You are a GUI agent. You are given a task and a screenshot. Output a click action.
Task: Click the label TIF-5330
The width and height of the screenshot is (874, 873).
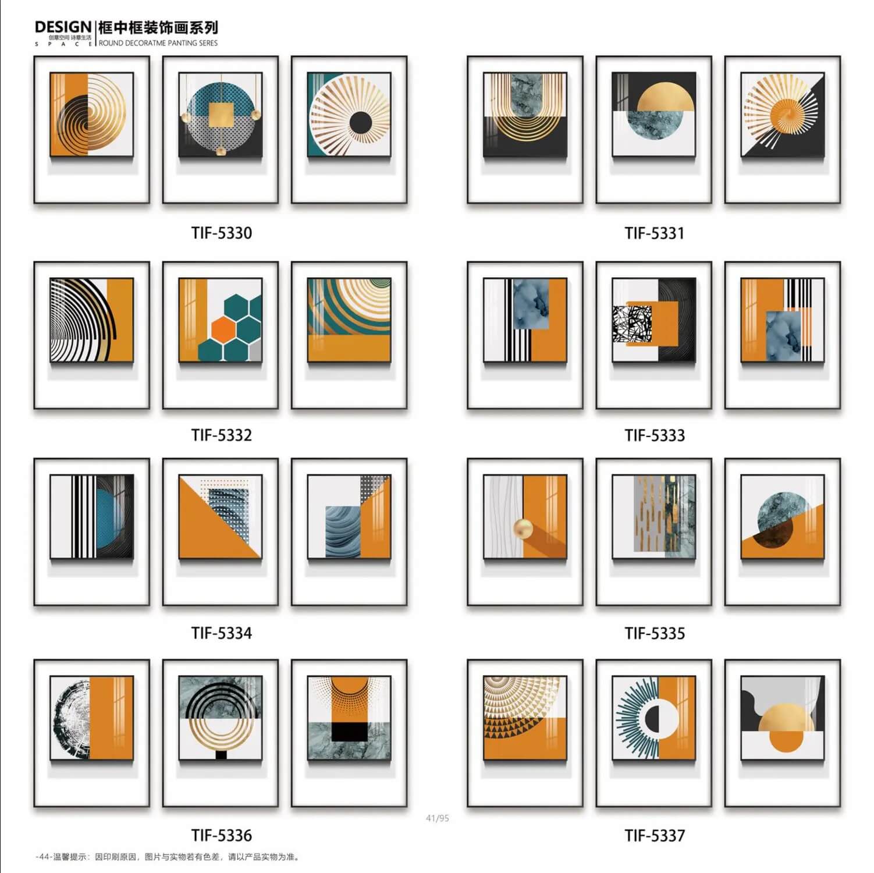(222, 233)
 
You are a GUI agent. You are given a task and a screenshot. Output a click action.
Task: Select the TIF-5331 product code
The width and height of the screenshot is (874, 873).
(655, 233)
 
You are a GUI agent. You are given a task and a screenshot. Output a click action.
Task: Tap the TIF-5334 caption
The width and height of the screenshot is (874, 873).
(222, 633)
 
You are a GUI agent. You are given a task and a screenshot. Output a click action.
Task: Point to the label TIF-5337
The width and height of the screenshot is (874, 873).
(655, 836)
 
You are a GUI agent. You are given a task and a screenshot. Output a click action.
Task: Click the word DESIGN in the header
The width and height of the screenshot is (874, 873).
(63, 27)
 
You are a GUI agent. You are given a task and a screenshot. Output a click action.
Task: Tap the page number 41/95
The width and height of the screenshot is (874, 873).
(438, 818)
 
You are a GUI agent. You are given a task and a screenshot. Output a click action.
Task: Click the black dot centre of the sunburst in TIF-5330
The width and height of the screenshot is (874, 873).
(360, 122)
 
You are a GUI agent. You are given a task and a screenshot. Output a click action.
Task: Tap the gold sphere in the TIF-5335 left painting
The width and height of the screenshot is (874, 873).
(523, 530)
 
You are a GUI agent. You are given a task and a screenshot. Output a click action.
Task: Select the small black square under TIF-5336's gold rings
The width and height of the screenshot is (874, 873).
(221, 755)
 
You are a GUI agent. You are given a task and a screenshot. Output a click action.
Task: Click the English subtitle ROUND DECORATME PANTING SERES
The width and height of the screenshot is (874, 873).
(158, 43)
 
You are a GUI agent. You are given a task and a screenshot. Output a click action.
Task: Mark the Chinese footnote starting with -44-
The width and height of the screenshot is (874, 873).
(167, 857)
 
